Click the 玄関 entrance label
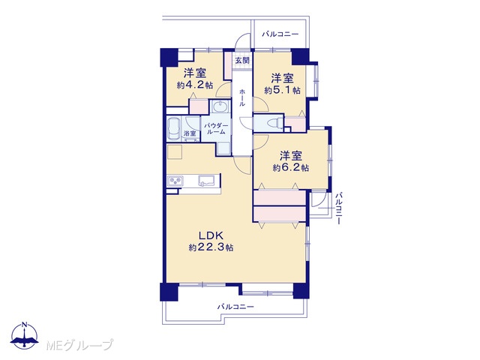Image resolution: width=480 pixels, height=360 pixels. coord(242,60)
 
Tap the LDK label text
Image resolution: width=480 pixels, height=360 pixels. coord(211,235)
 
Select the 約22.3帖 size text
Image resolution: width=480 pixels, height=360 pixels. coord(211,247)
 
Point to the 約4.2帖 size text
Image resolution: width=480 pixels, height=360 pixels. coord(195,85)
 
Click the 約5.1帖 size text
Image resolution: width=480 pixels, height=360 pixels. coord(282,90)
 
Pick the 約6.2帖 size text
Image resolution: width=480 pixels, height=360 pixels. coord(291,167)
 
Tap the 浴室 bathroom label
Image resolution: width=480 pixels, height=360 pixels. coord(190,133)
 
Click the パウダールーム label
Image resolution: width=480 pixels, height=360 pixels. coord(217,128)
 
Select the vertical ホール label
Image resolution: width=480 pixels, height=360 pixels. coord(242,97)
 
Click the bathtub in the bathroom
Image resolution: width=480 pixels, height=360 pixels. coord(174,128)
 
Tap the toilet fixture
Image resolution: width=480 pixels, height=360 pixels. coord(274,123)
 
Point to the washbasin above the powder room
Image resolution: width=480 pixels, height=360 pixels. coord(220,107)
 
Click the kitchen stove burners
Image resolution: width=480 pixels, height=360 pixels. coord(175,181)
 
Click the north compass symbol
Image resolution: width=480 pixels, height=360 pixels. coord(25,336)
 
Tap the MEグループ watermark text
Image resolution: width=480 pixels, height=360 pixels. coord(79,345)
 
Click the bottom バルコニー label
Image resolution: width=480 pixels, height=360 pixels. coord(235,307)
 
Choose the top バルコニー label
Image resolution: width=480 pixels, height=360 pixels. coord(280,34)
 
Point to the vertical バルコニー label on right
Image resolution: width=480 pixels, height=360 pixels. coord(338,208)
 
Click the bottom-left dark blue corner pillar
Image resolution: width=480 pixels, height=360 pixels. coord(169,292)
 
